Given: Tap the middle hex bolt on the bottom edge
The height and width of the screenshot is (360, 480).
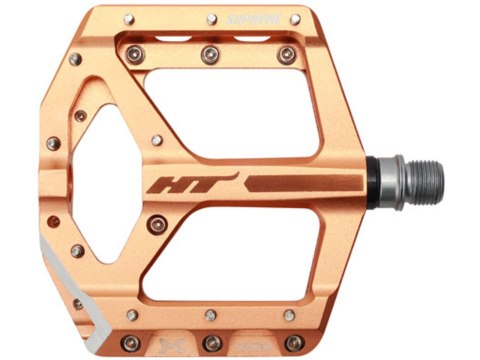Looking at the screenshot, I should (x=210, y=317).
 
